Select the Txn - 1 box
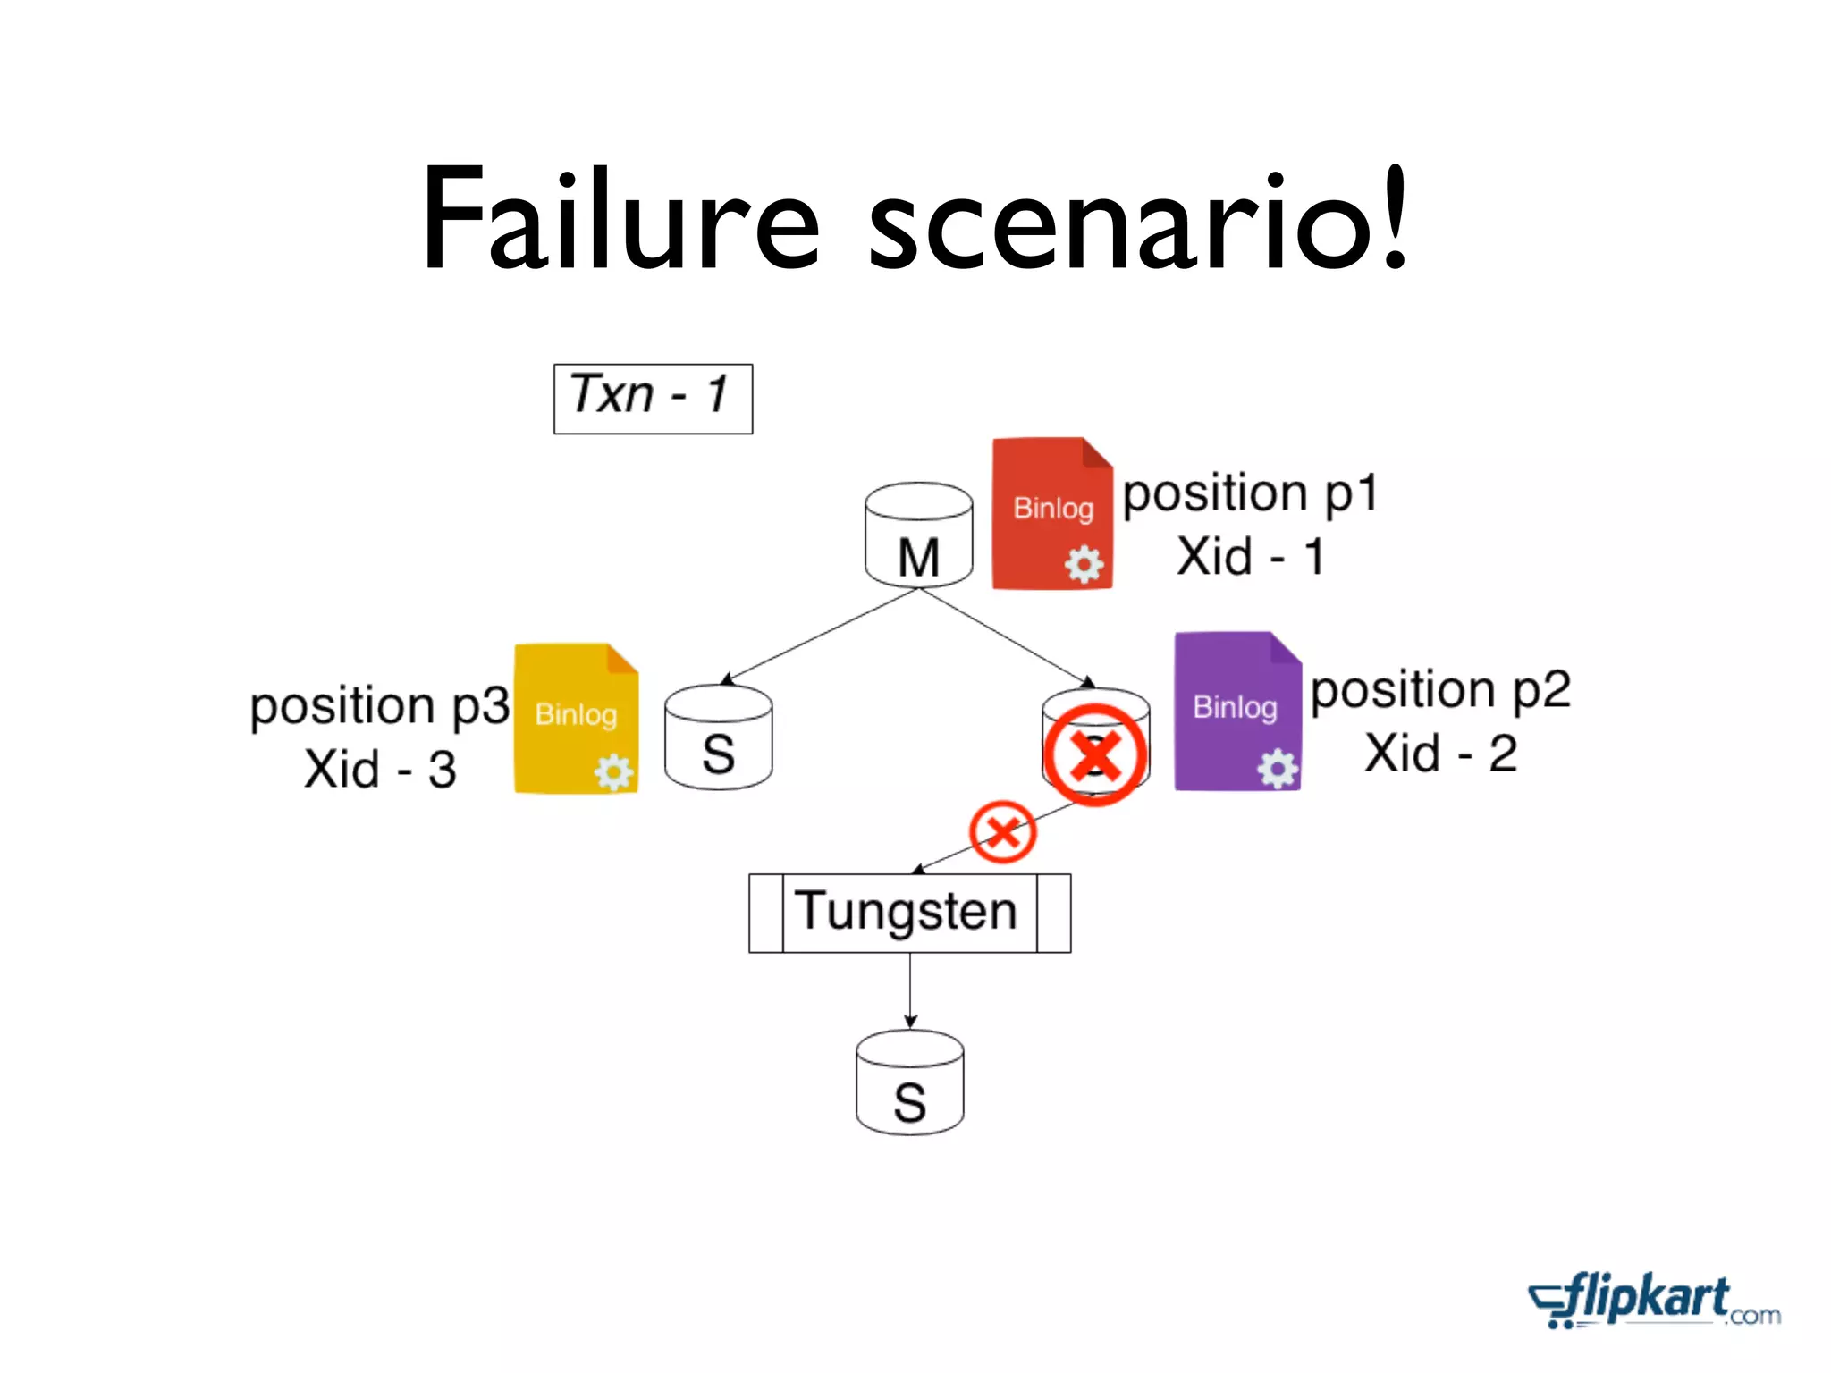pos(653,399)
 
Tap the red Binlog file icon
pos(1052,514)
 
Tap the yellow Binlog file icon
pos(576,718)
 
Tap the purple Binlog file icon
pos(1236,712)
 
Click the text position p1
pos(1250,493)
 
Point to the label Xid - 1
pos(1250,557)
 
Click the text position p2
pos(1440,690)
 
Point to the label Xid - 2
pos(1440,753)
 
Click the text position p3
pos(379,706)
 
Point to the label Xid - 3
pos(380,769)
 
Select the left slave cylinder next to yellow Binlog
pos(718,738)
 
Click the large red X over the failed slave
pos(1095,754)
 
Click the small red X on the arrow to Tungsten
pos(1002,832)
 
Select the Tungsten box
pos(909,913)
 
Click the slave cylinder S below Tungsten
pos(909,1083)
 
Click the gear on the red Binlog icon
pos(1084,565)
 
